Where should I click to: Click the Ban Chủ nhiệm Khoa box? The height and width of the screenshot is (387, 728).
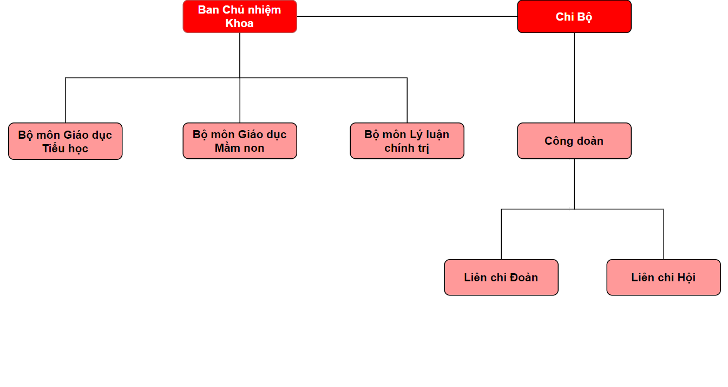[240, 16]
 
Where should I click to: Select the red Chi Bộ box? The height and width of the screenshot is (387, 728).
[574, 16]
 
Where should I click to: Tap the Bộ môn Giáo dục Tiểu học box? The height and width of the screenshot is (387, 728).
[65, 141]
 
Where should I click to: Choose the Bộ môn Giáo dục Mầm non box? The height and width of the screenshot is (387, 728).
[240, 141]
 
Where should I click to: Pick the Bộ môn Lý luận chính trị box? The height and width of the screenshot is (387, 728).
[407, 141]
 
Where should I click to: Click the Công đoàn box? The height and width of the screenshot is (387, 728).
[574, 141]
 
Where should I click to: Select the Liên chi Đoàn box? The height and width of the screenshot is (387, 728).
[501, 278]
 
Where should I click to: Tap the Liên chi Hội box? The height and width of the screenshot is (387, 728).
[664, 278]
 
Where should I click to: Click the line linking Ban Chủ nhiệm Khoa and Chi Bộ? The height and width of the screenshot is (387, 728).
[407, 16]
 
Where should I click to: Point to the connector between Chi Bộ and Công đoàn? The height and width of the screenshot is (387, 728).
[574, 78]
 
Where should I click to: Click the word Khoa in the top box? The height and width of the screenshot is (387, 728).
[240, 23]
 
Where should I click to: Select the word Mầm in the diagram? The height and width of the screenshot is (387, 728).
[227, 148]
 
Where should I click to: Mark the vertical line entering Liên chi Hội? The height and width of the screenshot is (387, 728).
[664, 234]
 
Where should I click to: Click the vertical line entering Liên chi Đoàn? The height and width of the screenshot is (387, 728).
[501, 234]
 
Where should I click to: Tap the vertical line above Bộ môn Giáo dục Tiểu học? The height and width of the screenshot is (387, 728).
[65, 100]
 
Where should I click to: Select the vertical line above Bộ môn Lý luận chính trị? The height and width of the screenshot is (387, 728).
[407, 100]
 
